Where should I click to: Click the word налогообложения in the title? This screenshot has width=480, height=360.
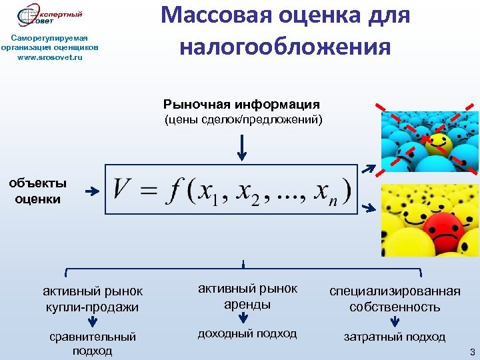285,47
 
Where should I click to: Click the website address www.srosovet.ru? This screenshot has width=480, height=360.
51,57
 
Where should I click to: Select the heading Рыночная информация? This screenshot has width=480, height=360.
241,105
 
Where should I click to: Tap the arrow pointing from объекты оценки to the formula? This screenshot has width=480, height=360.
91,191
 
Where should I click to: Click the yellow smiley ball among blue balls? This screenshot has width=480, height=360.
439,142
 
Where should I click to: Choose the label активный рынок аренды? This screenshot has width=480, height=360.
247,296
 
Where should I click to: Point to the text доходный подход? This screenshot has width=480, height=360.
247,333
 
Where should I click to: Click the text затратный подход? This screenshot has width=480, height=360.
395,337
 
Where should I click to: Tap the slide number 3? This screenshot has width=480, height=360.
471,351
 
